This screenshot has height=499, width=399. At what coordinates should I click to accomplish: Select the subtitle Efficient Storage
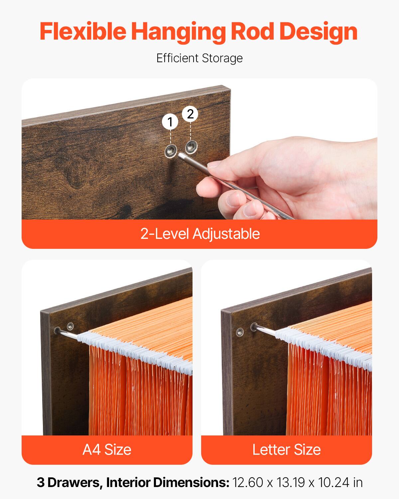tap(199, 58)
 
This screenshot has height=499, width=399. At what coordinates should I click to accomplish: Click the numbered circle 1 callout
tap(170, 122)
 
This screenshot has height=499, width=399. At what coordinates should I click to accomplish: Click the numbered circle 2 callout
tap(190, 114)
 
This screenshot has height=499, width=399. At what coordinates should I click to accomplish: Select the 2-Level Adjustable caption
tap(199, 234)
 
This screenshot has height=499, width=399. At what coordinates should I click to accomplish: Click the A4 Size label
tap(107, 449)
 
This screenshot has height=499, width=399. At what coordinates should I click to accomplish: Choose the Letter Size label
tap(286, 449)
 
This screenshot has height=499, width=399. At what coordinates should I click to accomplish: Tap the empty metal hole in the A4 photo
tap(70, 325)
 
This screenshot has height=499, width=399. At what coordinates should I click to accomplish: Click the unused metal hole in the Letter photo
tap(239, 331)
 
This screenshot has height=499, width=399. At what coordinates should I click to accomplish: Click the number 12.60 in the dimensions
tap(248, 483)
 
